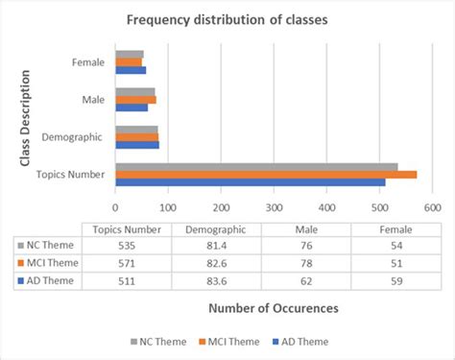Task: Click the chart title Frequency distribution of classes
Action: [x=227, y=19]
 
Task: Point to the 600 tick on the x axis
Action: [x=431, y=204]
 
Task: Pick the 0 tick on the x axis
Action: [x=116, y=204]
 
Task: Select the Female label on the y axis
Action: [x=89, y=62]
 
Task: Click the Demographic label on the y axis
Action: [x=75, y=137]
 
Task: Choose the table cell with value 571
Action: [x=126, y=263]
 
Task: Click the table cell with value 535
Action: [x=126, y=246]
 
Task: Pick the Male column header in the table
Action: [x=306, y=229]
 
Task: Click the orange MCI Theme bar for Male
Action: [x=135, y=99]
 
